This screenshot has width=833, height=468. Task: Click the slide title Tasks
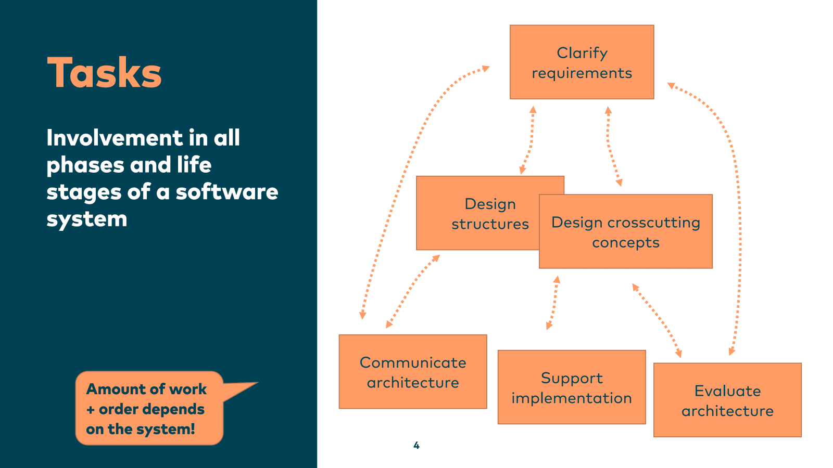104,73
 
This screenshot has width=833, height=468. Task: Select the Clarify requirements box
582,62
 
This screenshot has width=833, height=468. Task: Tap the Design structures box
479,213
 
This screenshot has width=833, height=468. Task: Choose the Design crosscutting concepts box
625,232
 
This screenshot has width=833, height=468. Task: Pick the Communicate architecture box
413,372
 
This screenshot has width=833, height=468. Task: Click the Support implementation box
572,387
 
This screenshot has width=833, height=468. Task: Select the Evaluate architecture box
727,400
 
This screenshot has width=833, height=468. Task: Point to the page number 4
416,445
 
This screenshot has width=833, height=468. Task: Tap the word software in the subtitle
227,192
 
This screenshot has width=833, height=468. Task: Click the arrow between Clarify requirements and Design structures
528,140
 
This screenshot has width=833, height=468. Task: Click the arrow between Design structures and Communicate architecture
413,291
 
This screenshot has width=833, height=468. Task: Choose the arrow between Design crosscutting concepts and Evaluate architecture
657,320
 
